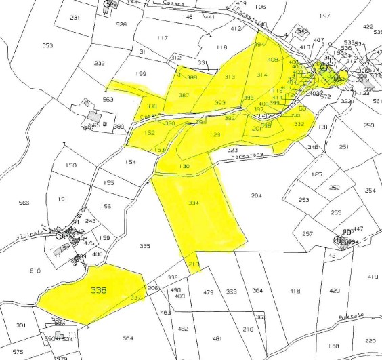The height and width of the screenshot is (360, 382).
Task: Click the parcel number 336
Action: pos(99,289)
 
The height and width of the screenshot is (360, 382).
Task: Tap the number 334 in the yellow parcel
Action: pos(194,203)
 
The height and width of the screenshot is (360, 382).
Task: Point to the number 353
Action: pos(47,46)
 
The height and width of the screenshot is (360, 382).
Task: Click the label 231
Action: pos(75,18)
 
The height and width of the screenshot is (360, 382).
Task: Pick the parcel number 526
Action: pos(121,24)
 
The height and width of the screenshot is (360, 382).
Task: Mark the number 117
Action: pos(162,38)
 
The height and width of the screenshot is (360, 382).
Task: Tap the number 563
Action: pos(108,99)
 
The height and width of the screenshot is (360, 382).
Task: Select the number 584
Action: pos(128,337)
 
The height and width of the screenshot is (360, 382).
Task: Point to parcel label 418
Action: pos(295,291)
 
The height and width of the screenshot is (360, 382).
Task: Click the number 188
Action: pos(335,346)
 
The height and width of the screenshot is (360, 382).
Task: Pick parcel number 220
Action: pos(370,341)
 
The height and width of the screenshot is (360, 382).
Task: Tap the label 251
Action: pos(343,147)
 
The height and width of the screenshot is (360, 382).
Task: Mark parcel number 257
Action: pos(307,234)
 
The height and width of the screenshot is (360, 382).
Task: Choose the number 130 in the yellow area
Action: pos(184,166)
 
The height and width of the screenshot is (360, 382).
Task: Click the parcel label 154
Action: pos(131,163)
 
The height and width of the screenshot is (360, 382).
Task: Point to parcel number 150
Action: pos(70,165)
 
